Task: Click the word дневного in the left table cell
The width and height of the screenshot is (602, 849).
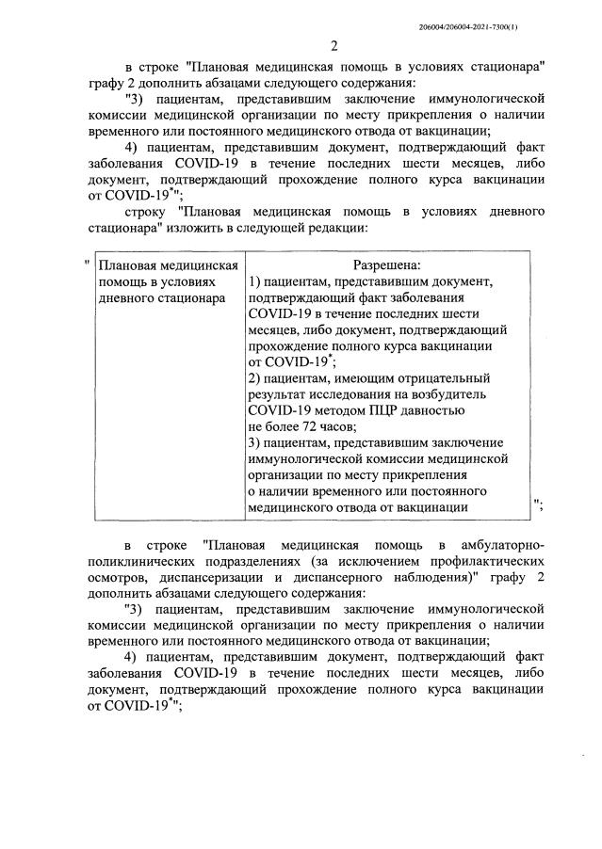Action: click(122, 298)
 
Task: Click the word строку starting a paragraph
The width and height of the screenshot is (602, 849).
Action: click(148, 210)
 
